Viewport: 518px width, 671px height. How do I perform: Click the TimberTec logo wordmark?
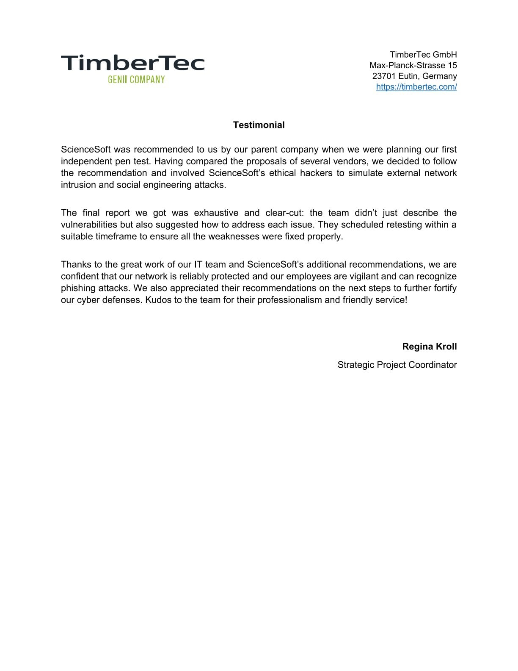[x=132, y=63]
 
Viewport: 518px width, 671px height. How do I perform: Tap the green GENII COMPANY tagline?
[x=136, y=80]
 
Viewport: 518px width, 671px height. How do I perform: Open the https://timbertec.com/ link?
[x=416, y=87]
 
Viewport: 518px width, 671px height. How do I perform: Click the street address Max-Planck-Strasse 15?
[x=413, y=65]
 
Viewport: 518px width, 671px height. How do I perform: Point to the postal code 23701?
[x=384, y=76]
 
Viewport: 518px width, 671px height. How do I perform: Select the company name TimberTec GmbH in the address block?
[x=423, y=55]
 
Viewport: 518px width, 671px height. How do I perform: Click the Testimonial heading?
[x=259, y=125]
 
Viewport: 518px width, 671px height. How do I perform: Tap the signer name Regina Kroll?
[x=429, y=347]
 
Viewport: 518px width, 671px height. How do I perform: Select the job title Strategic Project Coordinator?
[x=397, y=365]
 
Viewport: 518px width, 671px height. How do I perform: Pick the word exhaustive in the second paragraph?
[x=216, y=213]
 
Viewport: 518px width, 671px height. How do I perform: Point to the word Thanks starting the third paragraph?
[x=75, y=264]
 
